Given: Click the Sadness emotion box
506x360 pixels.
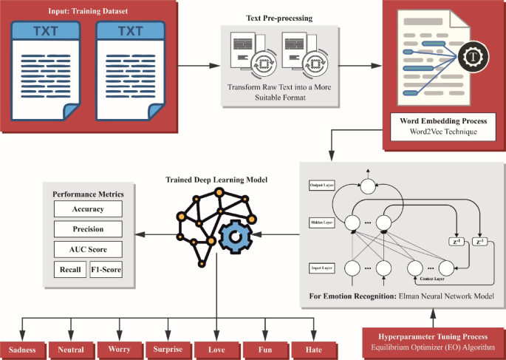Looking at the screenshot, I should [23, 349].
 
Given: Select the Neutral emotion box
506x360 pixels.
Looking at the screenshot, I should [72, 349].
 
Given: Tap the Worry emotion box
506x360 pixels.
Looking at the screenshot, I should [120, 349].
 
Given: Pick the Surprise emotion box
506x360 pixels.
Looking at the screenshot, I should [168, 349].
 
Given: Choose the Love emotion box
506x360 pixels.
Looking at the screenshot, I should [216, 349].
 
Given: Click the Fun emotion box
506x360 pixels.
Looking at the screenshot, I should [264, 349].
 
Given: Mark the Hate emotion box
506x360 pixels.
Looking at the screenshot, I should [312, 349].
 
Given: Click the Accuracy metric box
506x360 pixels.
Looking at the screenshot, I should [87, 209].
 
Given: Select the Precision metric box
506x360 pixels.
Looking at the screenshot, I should [87, 229].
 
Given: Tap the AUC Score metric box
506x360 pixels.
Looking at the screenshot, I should [87, 249].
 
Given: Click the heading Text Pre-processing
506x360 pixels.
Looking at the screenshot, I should [279, 17].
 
